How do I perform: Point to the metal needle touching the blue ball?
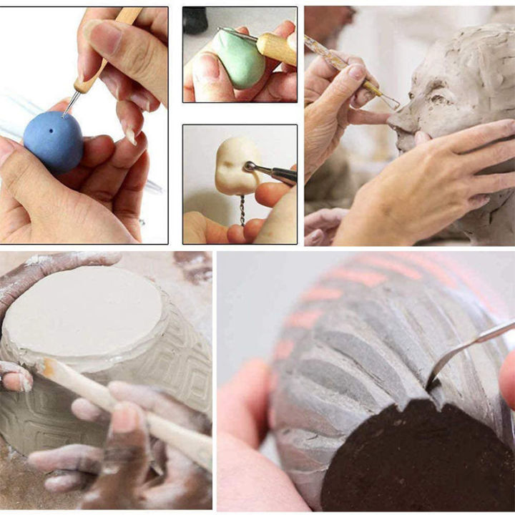pyautogui.click(x=69, y=104)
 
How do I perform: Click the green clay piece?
pyautogui.click(x=240, y=61)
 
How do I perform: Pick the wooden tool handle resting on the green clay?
pyautogui.click(x=275, y=46)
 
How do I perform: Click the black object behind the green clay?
pyautogui.click(x=195, y=21)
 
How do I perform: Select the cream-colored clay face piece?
pyautogui.click(x=233, y=166)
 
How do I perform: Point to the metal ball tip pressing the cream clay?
pyautogui.click(x=250, y=167)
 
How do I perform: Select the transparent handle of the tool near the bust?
pyautogui.click(x=329, y=57)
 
